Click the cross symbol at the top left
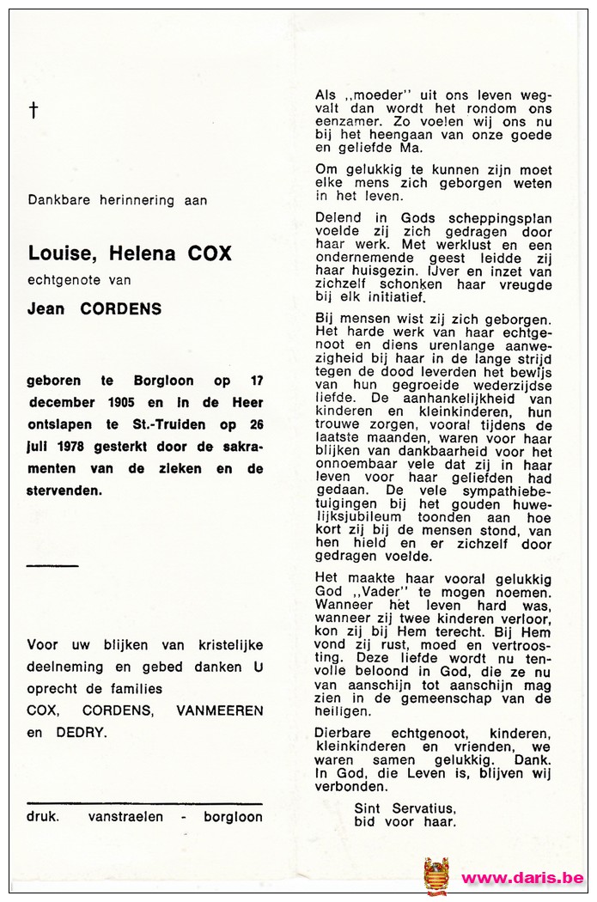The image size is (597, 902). tap(34, 110)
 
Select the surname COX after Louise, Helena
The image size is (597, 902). tap(210, 253)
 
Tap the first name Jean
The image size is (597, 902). tap(46, 309)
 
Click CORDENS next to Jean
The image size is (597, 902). tap(120, 309)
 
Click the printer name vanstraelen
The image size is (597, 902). tap(125, 817)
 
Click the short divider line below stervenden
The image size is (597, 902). tap(52, 565)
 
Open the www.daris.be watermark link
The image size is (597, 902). tap(523, 878)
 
